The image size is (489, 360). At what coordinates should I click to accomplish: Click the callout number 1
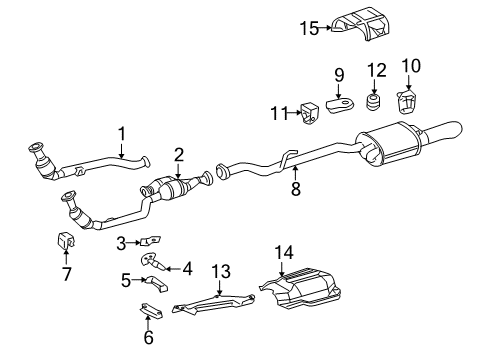[121, 133]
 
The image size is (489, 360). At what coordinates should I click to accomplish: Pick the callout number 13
[220, 271]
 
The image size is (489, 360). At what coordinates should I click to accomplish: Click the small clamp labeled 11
[309, 110]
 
